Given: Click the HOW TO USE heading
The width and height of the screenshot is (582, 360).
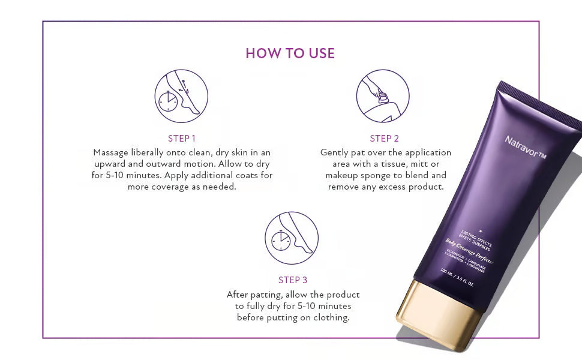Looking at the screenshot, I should click(x=290, y=53).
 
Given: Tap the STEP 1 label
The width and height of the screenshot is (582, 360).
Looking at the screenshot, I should click(x=182, y=138).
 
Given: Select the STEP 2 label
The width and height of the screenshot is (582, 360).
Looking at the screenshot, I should click(x=385, y=138).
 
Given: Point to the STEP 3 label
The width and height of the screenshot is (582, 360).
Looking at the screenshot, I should click(x=292, y=280).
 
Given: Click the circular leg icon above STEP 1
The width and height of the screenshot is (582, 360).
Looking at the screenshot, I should click(x=181, y=96).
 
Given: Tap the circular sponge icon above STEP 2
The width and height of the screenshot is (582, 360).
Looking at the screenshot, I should click(x=383, y=96).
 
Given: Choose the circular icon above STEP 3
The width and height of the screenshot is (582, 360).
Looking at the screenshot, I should click(x=292, y=238).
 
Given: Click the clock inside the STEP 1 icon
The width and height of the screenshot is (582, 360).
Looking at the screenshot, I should click(x=169, y=101).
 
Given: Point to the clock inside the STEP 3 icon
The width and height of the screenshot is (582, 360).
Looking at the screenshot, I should click(x=281, y=241).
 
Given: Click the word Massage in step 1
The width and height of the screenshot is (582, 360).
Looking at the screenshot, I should click(x=112, y=152).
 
